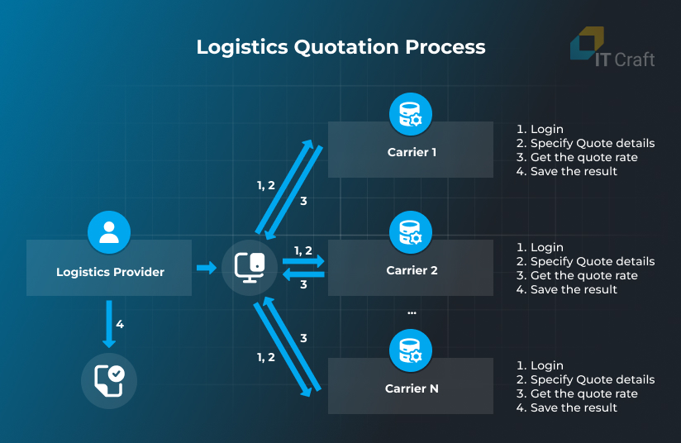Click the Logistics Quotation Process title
340,46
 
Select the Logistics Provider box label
110,272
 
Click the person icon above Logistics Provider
109,232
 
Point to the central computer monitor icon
250,267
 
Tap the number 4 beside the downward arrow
120,325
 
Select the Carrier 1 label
411,152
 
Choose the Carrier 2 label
412,270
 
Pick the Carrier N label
412,388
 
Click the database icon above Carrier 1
411,114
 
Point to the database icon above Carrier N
411,350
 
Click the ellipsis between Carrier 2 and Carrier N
412,312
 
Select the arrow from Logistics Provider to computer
206,268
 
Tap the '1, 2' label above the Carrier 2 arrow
303,250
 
